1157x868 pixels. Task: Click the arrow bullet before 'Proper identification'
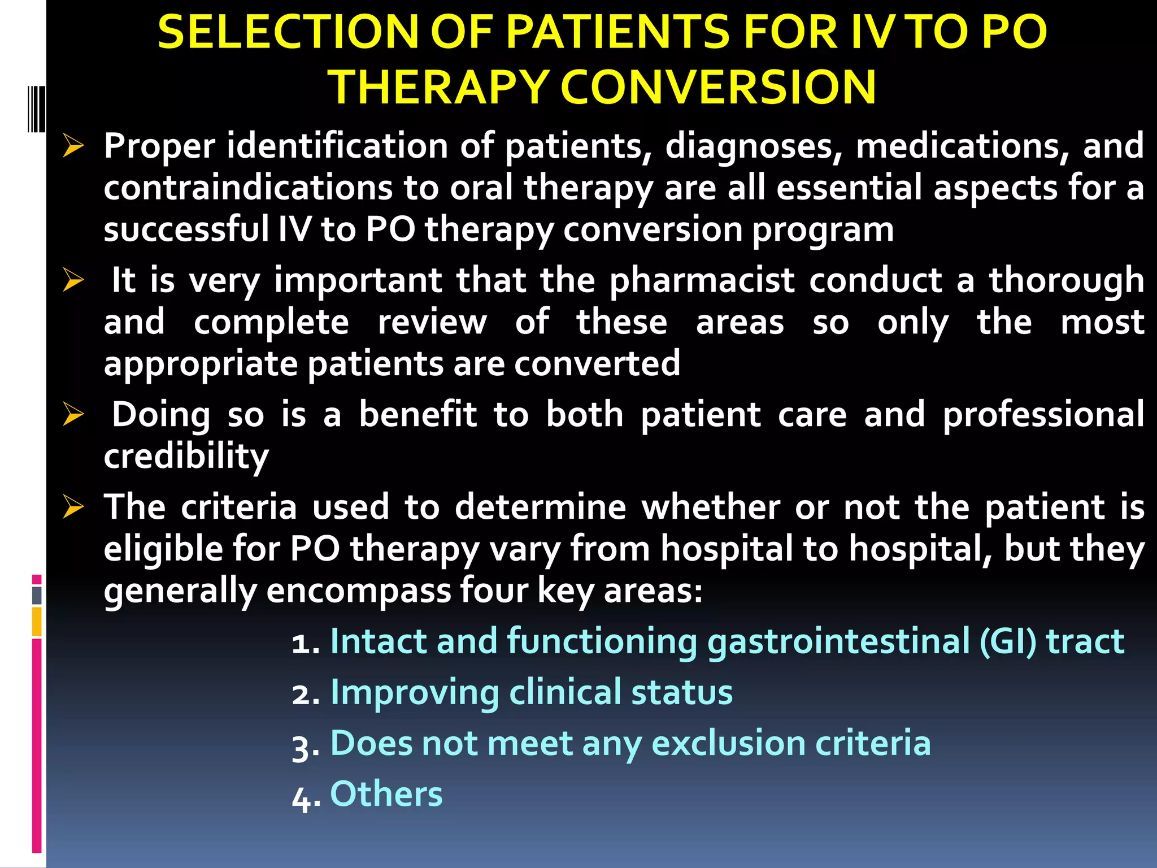tap(73, 146)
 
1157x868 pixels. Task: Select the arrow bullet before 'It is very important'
tap(73, 280)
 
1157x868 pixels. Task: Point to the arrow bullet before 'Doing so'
tap(73, 415)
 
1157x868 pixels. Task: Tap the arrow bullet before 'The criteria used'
tap(73, 506)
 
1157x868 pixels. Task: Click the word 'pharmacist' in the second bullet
tap(702, 281)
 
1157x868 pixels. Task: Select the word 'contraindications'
tap(248, 188)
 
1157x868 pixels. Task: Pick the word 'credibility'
tap(186, 456)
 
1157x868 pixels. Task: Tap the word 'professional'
tap(1043, 415)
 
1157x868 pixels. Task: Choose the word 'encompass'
tap(358, 591)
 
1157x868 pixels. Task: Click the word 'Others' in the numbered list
tap(386, 793)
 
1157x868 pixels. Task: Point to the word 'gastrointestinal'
tap(838, 642)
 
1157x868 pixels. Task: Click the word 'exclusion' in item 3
tap(728, 743)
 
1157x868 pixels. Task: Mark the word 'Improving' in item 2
tap(414, 693)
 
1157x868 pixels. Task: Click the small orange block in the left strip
tap(37, 621)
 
